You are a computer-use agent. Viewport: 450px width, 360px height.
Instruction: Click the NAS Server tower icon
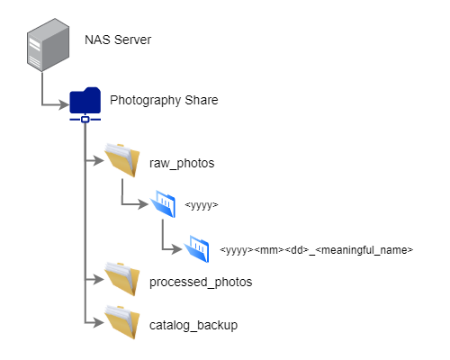(48, 45)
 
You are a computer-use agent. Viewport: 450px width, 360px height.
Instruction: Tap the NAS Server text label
(118, 40)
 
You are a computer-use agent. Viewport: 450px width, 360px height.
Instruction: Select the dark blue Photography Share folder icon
(85, 100)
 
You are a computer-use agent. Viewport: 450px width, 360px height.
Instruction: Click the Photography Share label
(164, 100)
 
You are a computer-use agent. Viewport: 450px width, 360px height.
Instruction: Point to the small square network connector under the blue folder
(85, 120)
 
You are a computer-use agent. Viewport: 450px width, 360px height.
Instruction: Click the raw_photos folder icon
(122, 160)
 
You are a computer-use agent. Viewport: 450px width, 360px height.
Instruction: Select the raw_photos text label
(182, 163)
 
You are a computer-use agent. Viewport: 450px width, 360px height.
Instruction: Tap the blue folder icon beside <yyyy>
(163, 203)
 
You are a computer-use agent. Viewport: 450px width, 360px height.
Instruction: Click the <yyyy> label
(202, 205)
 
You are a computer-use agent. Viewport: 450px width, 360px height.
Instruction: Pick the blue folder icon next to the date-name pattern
(196, 249)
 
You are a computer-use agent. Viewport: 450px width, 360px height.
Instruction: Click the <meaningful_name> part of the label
(364, 249)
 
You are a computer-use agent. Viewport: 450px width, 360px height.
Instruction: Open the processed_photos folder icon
(122, 279)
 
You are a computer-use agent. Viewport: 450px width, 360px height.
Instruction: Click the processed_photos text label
(201, 282)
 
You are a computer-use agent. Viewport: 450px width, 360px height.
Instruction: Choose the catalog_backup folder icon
(122, 322)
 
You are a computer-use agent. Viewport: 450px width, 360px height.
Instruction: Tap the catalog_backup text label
(193, 326)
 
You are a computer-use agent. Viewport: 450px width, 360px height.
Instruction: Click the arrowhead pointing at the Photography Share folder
(64, 105)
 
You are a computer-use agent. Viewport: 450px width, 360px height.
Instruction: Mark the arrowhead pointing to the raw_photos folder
(98, 160)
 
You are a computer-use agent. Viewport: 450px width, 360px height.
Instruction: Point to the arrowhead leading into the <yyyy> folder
(143, 204)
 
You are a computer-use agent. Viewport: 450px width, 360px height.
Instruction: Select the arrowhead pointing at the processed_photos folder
(98, 279)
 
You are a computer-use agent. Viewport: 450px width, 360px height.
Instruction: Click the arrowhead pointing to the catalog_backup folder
(98, 322)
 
